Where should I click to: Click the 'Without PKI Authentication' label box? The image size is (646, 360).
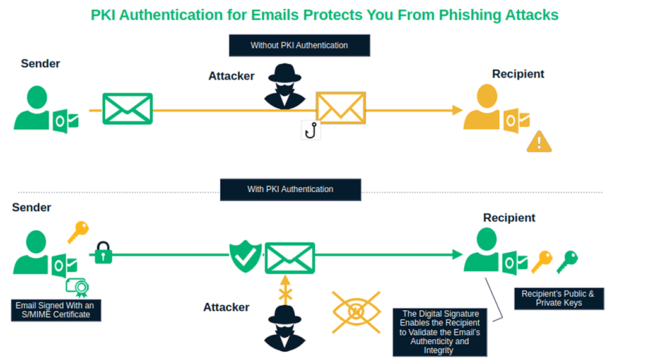(299, 45)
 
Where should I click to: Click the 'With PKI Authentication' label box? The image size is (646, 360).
(290, 189)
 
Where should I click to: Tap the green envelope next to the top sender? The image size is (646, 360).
(127, 108)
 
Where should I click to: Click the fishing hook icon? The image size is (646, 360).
(310, 130)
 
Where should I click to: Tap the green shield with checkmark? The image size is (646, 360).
(245, 254)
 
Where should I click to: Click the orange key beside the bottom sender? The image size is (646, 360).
(78, 232)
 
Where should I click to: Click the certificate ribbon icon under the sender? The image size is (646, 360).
(77, 287)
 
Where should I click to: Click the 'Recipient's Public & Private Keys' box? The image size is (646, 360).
(558, 298)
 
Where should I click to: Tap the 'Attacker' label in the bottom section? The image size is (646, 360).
(226, 308)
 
